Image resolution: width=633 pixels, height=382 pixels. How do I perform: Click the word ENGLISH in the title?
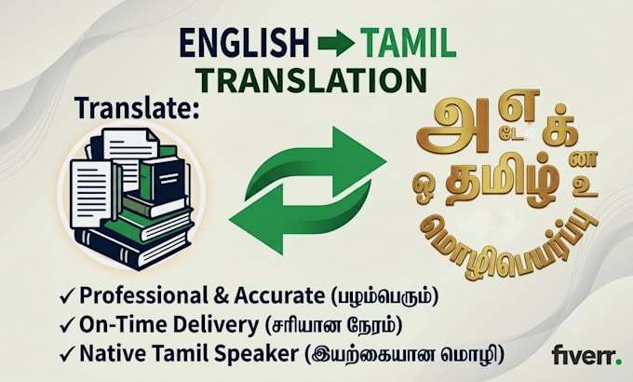pos(244,43)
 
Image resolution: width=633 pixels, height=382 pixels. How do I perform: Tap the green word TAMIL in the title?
pos(409,43)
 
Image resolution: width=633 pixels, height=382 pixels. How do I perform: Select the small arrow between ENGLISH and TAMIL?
pos(336,43)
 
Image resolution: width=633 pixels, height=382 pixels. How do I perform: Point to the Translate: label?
pos(137,108)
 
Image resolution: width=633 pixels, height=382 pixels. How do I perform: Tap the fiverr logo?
pos(586,355)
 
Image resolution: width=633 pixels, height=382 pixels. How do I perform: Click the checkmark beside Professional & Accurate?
pos(67,296)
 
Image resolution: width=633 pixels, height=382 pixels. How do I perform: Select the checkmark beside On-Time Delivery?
pos(67,325)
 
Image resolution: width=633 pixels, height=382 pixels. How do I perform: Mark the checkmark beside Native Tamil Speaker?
pos(67,354)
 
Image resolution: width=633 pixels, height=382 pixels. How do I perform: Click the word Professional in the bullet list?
pos(143,295)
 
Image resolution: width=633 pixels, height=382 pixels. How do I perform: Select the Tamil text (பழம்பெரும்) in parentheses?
pos(384,296)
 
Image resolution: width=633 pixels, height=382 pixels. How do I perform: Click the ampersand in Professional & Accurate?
pos(221,296)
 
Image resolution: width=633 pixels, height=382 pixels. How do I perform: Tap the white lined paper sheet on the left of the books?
pos(91,194)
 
